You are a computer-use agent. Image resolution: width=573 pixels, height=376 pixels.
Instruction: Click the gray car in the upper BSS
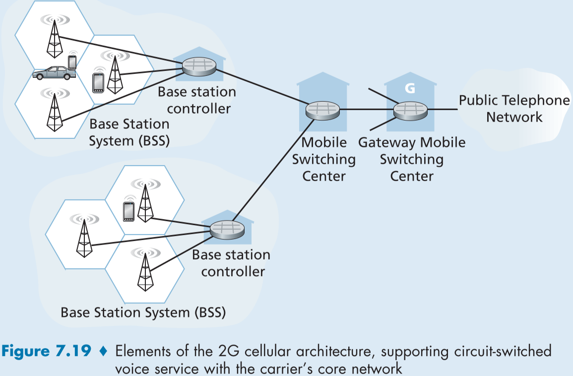[x=52, y=73]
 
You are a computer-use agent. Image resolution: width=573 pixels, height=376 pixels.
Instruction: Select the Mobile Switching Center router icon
[x=323, y=110]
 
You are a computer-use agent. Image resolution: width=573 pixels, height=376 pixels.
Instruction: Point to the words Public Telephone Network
[x=514, y=109]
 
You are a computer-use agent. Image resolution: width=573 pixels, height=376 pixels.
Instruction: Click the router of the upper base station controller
[x=199, y=66]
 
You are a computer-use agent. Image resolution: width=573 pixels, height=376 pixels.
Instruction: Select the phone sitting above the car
[x=72, y=62]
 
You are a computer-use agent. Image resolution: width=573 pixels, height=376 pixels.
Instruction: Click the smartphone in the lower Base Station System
[x=128, y=212]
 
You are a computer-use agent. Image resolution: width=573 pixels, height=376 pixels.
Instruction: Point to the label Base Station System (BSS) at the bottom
[x=143, y=313]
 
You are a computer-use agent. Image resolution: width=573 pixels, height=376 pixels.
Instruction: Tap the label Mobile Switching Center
[x=324, y=159]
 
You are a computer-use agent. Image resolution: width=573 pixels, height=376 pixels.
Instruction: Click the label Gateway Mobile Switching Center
[x=412, y=159]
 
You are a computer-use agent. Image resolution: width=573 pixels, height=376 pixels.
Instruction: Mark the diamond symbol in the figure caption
[x=103, y=352]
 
